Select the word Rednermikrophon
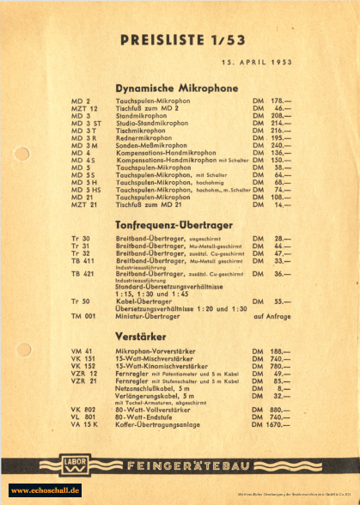[145, 137]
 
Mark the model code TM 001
[83, 317]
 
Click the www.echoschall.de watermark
[45, 490]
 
